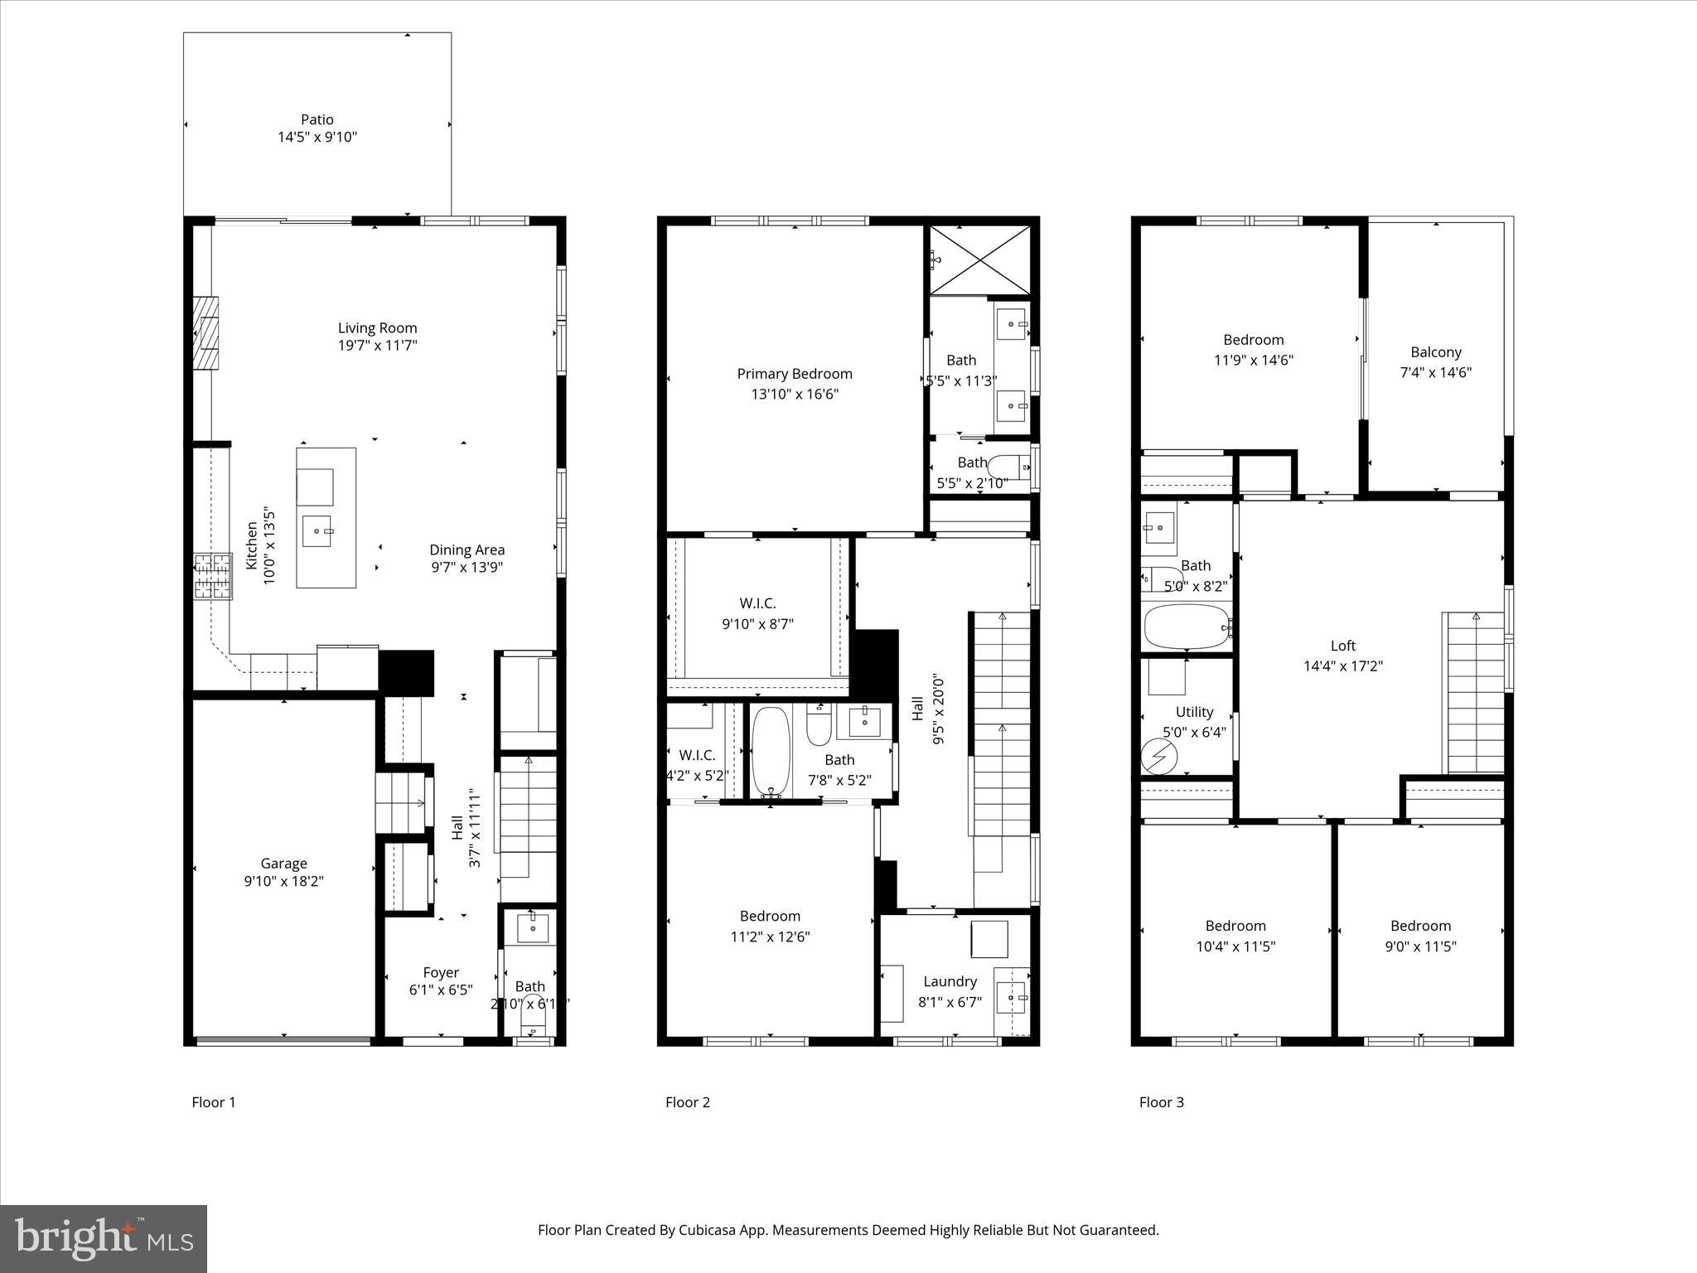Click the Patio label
pos(317,119)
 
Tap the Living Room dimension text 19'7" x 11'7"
pos(377,346)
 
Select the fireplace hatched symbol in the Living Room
pos(208,332)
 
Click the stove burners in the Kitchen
pos(213,576)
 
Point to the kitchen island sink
pos(317,530)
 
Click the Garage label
pos(283,863)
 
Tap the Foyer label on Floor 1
pos(440,972)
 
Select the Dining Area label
pos(467,549)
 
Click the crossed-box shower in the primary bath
pos(979,259)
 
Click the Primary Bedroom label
pos(794,374)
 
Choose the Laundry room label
pos(950,981)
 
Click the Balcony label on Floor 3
pos(1435,352)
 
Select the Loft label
pos(1342,646)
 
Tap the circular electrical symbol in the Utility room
pos(1158,756)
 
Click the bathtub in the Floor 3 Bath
pos(1185,627)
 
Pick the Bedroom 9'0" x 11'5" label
pos(1420,926)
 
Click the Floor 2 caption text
pos(687,1101)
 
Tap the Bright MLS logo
pos(104,1238)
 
